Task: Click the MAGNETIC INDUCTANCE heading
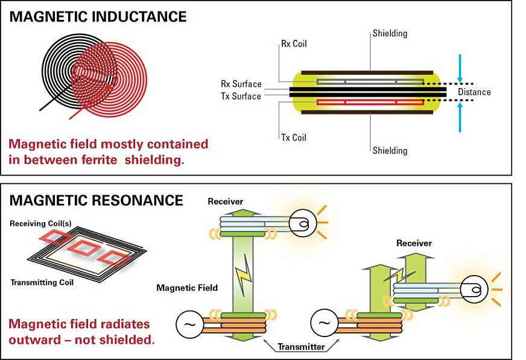tap(98, 17)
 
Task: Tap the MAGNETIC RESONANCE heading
tap(97, 200)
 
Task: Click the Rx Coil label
tap(294, 43)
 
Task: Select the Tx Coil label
tap(294, 137)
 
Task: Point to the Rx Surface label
tap(241, 84)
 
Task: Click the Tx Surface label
tap(241, 96)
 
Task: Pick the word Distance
tap(474, 92)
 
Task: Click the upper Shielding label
tap(390, 34)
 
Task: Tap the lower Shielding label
tap(390, 151)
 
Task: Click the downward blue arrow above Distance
tap(460, 68)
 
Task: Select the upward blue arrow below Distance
tap(460, 117)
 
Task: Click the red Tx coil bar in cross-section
tap(370, 103)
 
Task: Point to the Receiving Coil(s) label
tap(40, 224)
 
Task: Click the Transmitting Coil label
tap(42, 282)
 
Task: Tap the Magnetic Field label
tap(187, 288)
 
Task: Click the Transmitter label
tap(301, 347)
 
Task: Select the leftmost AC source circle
tap(189, 324)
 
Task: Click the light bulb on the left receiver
tap(303, 223)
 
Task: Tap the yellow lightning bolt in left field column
tap(244, 273)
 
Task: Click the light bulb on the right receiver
tap(474, 289)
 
